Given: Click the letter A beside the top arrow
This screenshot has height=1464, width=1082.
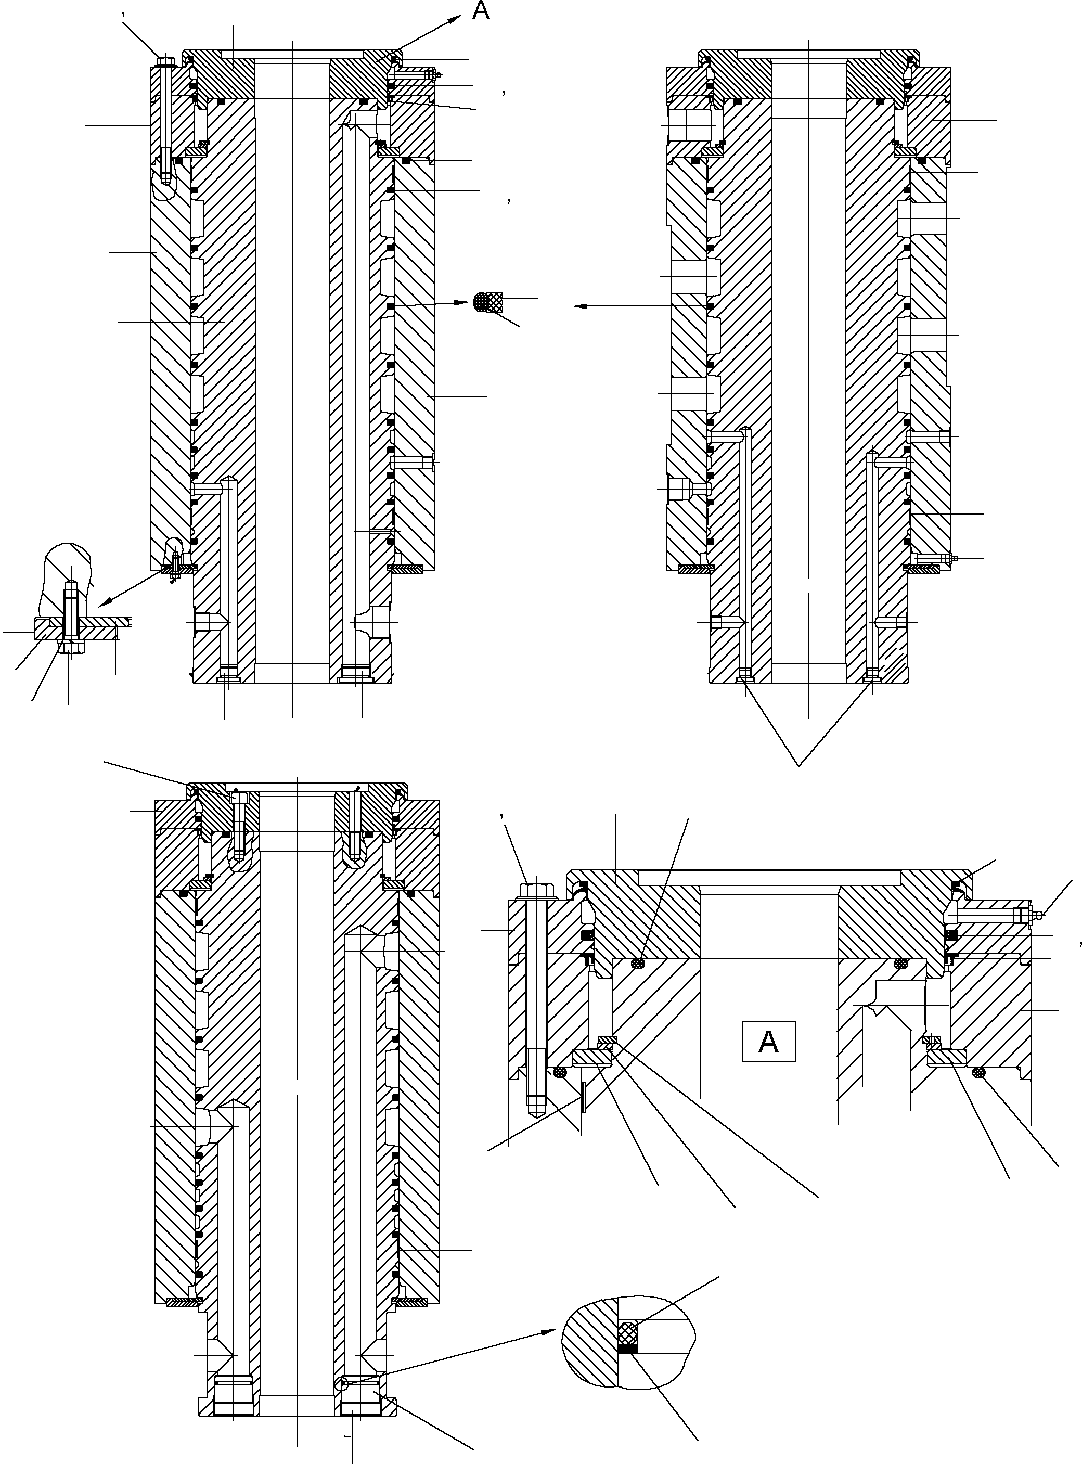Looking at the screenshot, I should pyautogui.click(x=481, y=11).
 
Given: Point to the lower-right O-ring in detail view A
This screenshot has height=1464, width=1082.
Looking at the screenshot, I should pyautogui.click(x=978, y=1072).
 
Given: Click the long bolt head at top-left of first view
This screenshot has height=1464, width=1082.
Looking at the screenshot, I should pyautogui.click(x=164, y=62).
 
